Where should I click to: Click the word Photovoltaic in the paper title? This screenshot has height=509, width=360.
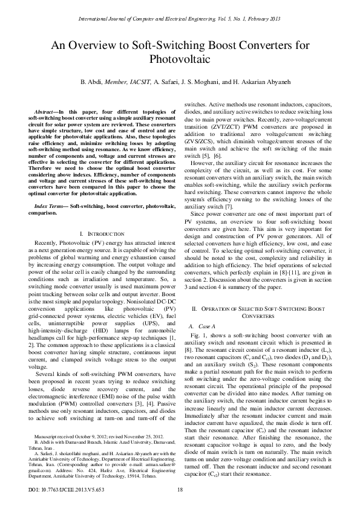[x=180, y=60]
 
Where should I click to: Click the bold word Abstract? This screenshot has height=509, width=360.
[x=46, y=112]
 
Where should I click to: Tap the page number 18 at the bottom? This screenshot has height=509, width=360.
[x=180, y=490]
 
